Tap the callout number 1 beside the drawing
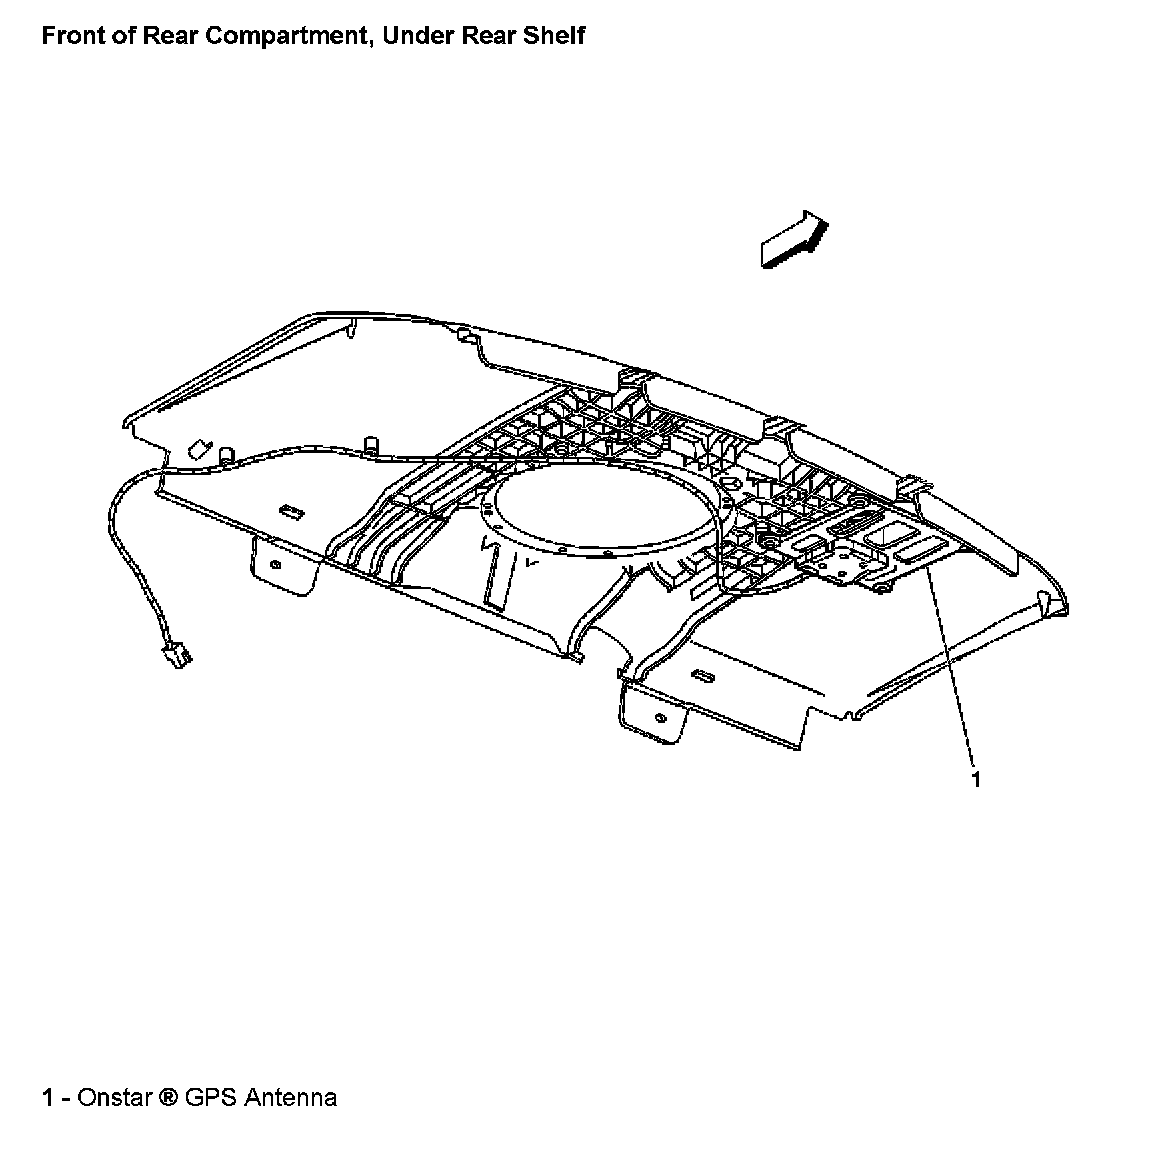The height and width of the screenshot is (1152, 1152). [976, 779]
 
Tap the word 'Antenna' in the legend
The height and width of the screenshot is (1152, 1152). [291, 1098]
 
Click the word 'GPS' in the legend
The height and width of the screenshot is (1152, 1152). [212, 1098]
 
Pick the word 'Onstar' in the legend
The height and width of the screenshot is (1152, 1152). [115, 1098]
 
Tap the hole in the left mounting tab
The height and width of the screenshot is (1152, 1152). [273, 566]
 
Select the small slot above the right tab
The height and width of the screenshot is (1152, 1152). [703, 677]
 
